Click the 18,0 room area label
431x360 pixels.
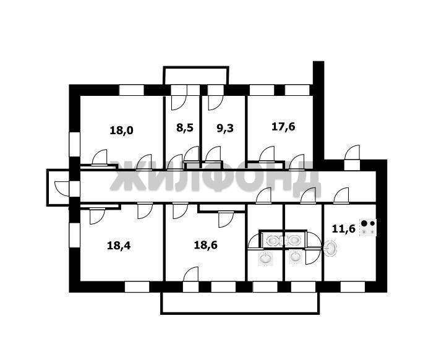(x=121, y=130)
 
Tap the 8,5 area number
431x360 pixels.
(x=185, y=128)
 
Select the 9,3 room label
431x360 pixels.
(x=225, y=128)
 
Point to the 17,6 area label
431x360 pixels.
(x=283, y=127)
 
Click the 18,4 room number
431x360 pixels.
(x=119, y=246)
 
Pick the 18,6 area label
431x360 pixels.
(x=205, y=245)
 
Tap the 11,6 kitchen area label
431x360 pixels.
(x=344, y=228)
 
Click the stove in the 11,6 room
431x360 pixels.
(x=368, y=228)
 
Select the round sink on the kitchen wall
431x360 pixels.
(x=331, y=248)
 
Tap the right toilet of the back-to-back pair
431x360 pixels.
(x=293, y=241)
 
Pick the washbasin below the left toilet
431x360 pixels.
(x=266, y=259)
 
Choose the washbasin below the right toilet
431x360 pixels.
(x=296, y=257)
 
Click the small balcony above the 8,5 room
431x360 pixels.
(x=196, y=75)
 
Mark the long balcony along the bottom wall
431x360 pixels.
(x=241, y=303)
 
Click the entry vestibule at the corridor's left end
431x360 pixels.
(x=58, y=187)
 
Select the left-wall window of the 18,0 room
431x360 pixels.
(x=74, y=144)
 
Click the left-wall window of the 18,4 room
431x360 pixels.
(x=74, y=235)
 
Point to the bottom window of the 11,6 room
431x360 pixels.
(x=352, y=286)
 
